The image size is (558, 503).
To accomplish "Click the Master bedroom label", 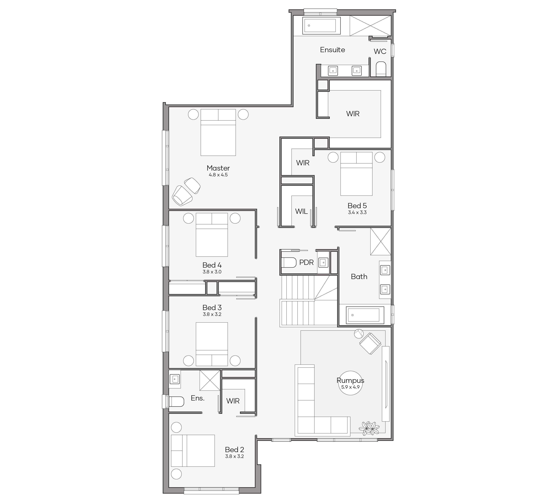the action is [218, 168].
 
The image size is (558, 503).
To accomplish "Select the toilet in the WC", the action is [381, 69].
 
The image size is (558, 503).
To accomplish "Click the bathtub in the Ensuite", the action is [321, 26].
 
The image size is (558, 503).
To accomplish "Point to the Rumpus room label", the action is [350, 380].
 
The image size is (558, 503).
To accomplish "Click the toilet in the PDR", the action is [289, 263].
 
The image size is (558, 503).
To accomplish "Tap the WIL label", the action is [301, 211].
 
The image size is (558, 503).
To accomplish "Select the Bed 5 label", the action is [357, 206].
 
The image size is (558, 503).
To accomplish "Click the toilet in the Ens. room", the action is [176, 402].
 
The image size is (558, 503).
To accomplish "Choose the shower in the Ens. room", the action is [210, 380].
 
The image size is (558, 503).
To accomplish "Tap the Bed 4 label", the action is [212, 265].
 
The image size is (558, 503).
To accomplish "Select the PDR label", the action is [306, 263].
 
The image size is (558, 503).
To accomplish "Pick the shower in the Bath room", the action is [381, 241].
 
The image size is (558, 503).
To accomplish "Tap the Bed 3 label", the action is [212, 308].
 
